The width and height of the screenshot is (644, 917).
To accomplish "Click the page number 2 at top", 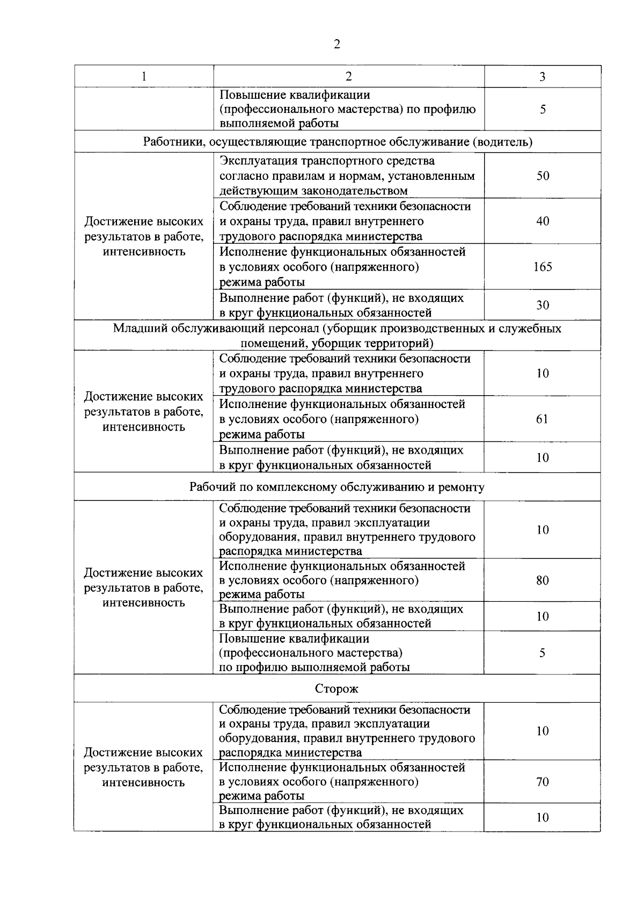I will (336, 45).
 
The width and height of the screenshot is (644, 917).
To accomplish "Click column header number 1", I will (144, 77).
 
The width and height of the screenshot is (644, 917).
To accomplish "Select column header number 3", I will (542, 77).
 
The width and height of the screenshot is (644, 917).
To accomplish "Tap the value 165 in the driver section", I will (542, 267).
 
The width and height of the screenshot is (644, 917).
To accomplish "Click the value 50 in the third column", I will (543, 176).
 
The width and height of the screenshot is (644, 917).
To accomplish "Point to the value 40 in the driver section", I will (543, 221).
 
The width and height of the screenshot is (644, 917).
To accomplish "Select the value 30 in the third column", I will (543, 305).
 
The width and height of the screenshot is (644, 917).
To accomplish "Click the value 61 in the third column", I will (542, 419).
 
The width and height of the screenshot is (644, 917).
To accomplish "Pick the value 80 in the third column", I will (542, 580).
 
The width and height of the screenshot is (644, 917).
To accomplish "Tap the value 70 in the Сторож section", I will (542, 782).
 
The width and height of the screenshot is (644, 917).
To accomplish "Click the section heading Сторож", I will (336, 689).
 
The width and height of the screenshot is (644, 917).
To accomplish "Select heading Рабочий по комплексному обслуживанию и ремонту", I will (336, 487).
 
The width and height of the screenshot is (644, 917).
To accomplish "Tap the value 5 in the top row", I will (543, 110).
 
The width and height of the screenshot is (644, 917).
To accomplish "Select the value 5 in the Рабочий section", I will (542, 653).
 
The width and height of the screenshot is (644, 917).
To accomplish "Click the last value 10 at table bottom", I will (542, 818).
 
